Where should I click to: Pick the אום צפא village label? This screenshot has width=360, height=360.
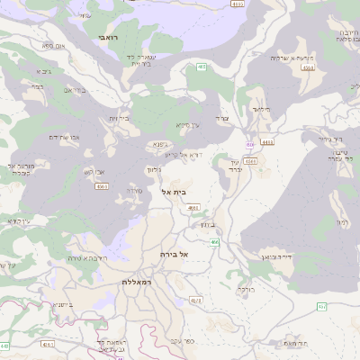tap(54, 45)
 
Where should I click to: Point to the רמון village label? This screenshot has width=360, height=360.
tap(342, 221)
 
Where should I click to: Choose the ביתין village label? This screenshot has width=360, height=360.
tap(205, 223)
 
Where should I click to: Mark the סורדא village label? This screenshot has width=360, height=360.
tap(135, 190)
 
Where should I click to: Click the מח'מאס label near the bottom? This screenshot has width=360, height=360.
tap(292, 343)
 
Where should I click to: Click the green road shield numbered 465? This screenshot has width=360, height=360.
tap(202, 67)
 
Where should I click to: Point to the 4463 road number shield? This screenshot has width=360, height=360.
tap(250, 161)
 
